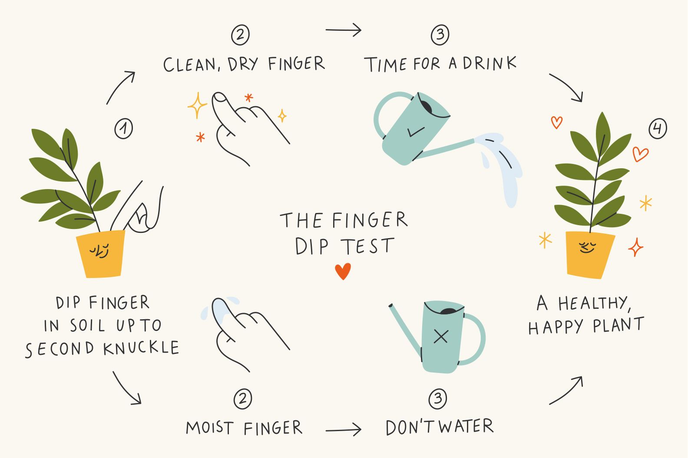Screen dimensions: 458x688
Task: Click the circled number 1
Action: coord(124,128)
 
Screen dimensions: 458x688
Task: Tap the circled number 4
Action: coord(658,129)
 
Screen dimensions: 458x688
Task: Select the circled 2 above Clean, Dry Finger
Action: coord(240,35)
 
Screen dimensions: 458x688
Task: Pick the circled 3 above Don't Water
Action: coord(437,399)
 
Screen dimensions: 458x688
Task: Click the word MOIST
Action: coord(210,428)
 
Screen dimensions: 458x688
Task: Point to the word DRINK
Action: coord(490,64)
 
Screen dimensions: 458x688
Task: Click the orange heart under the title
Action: coord(343,272)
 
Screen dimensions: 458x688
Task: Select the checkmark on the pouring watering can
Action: coord(416,131)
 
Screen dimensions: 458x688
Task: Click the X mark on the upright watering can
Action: coord(441,337)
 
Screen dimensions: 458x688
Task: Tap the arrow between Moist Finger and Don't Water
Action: coord(343,430)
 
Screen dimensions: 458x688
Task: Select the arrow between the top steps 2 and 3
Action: coord(343,30)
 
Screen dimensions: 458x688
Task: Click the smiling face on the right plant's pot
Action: coord(587,248)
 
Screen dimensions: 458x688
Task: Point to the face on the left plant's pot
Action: coord(99,251)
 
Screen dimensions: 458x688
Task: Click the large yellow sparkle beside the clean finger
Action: coord(197,105)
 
